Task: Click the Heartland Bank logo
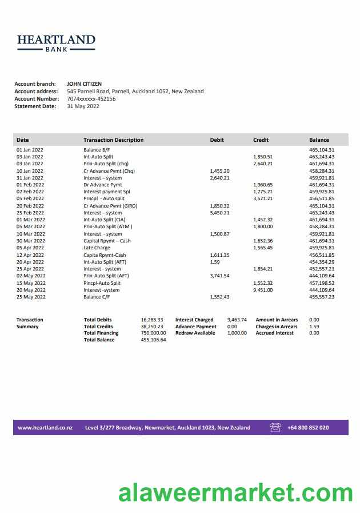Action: [56, 43]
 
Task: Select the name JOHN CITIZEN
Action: [84, 84]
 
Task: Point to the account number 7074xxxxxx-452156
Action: [91, 98]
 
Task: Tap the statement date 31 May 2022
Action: [83, 106]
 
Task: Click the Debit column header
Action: [217, 140]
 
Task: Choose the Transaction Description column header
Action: [113, 140]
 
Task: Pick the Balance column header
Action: [319, 140]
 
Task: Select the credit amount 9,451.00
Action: [263, 290]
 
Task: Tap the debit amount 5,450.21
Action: [219, 213]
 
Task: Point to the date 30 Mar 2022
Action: [30, 241]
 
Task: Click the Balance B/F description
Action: [97, 150]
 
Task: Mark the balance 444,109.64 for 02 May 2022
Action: [322, 276]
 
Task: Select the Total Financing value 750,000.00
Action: [153, 333]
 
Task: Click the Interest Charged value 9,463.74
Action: [237, 320]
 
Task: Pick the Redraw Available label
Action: [195, 333]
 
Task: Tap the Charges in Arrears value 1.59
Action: [314, 327]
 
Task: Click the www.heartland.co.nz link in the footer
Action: [44, 428]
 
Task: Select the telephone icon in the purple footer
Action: [275, 427]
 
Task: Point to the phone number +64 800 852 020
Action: [308, 428]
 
